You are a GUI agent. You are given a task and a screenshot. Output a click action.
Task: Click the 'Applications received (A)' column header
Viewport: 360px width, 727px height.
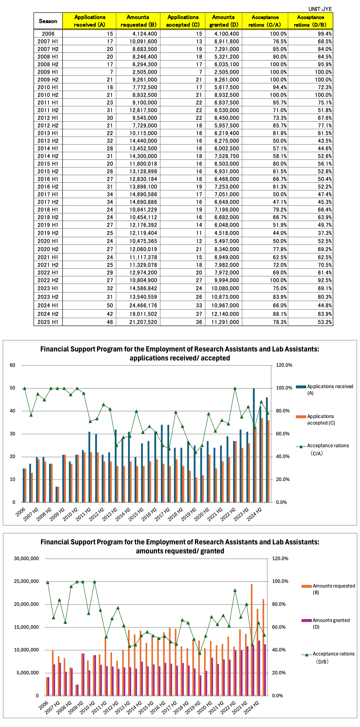click(89, 21)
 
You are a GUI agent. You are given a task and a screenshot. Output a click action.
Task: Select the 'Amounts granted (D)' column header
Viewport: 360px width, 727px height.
click(224, 21)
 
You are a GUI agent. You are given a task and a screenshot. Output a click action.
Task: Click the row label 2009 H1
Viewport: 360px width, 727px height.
click(48, 72)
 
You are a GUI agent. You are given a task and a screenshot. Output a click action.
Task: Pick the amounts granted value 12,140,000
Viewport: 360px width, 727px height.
click(225, 314)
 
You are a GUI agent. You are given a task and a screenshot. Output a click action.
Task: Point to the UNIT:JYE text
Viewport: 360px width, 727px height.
click(320, 9)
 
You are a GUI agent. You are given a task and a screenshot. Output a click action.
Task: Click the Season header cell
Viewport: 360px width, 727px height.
click(48, 21)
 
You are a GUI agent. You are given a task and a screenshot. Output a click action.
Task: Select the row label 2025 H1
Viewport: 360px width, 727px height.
click(48, 322)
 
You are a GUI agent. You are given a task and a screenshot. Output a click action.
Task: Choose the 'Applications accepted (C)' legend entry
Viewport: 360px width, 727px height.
click(315, 420)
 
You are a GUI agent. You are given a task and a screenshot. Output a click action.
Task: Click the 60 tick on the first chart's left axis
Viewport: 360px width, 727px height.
click(12, 365)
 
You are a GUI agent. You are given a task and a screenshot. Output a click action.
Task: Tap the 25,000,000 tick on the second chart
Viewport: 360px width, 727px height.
click(26, 581)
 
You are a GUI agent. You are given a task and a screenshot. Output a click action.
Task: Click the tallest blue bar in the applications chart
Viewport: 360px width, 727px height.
click(254, 445)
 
